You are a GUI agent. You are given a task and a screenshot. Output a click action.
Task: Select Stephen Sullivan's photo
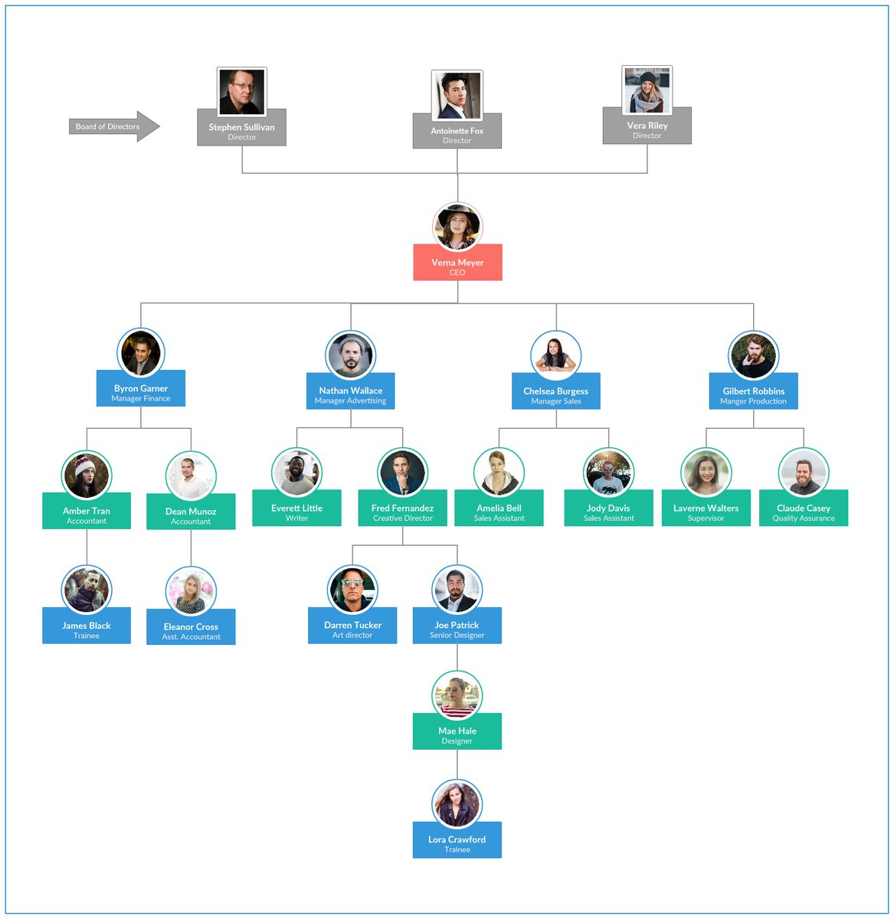pyautogui.click(x=242, y=92)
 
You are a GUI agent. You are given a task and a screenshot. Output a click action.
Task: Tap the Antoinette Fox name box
pyautogui.click(x=457, y=135)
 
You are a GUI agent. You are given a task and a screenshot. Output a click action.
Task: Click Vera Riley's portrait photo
pyautogui.click(x=647, y=90)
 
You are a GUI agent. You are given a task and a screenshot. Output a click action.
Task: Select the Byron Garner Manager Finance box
pyautogui.click(x=141, y=392)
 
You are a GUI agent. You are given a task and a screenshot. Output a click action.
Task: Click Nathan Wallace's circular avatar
pyautogui.click(x=351, y=355)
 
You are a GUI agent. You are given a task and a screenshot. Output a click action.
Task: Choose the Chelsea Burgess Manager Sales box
pyautogui.click(x=556, y=394)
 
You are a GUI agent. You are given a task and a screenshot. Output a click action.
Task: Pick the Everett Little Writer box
pyautogui.click(x=297, y=512)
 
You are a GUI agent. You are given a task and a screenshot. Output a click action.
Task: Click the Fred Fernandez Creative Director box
pyautogui.click(x=403, y=512)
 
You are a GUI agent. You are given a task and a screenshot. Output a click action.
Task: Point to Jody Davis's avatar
pyautogui.click(x=608, y=473)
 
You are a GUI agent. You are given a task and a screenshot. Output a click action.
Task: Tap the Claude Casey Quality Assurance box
pyautogui.click(x=804, y=512)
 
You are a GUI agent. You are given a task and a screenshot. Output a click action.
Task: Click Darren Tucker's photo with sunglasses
pyautogui.click(x=352, y=590)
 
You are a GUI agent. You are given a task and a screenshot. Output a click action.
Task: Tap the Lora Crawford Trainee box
pyautogui.click(x=457, y=843)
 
